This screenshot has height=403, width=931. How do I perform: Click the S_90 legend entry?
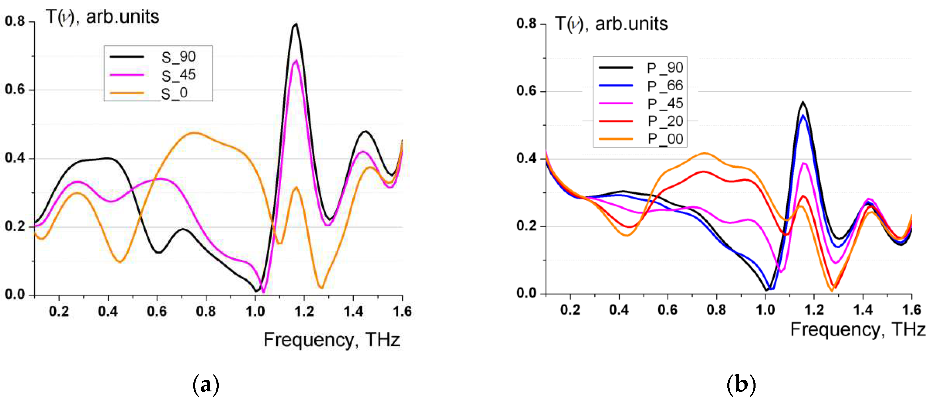(178, 57)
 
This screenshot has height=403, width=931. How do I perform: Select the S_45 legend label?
(178, 75)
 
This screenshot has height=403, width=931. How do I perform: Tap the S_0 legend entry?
(174, 93)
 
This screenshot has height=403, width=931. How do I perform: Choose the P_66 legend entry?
(665, 86)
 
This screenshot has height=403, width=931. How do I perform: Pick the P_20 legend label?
(665, 121)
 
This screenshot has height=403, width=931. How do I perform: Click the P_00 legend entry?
(665, 139)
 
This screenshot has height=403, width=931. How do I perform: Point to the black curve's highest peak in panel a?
(296, 24)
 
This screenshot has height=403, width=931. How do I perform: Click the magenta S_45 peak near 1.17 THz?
(296, 61)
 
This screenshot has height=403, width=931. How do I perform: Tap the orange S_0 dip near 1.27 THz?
(321, 288)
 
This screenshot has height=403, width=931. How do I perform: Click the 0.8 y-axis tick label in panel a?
(15, 21)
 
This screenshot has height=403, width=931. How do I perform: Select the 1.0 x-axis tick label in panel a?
(255, 311)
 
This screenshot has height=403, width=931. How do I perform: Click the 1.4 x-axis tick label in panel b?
(863, 310)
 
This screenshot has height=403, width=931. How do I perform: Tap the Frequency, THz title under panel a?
(331, 340)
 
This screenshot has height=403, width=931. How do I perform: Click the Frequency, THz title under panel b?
(858, 329)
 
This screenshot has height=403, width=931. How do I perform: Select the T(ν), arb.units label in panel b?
(611, 24)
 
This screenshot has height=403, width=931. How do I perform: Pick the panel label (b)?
(741, 385)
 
